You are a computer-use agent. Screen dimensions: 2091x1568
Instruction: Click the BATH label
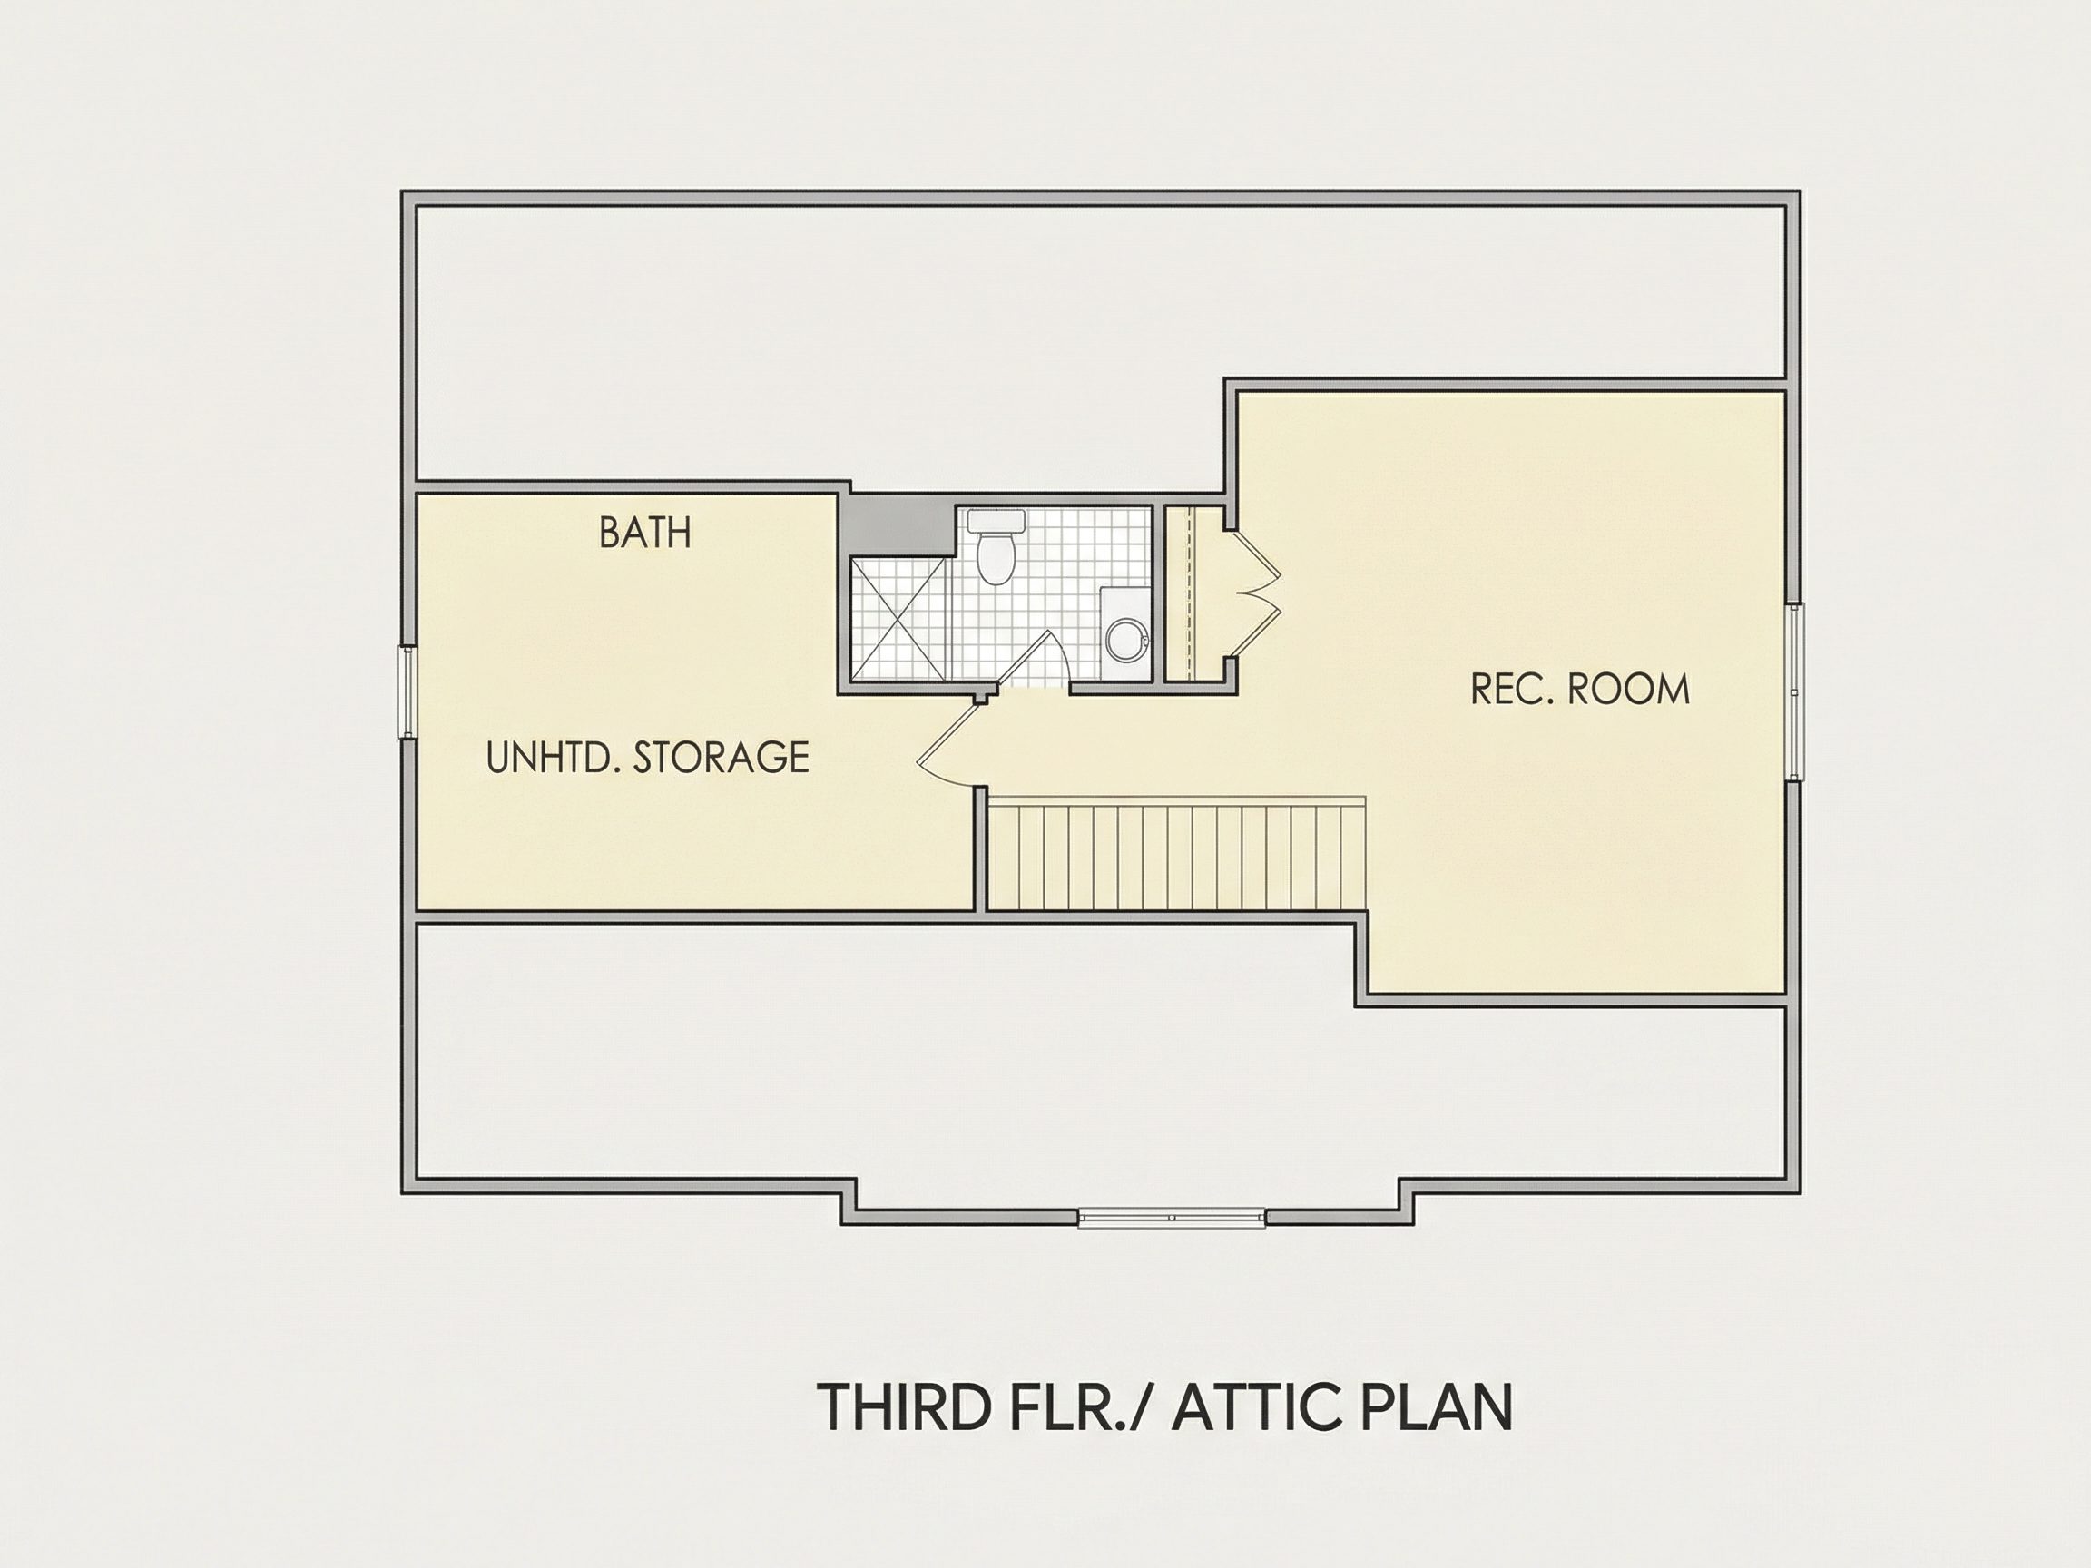click(645, 533)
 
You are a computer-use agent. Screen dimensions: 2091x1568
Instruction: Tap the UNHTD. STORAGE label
click(647, 757)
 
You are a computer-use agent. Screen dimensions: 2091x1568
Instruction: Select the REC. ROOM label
click(1579, 689)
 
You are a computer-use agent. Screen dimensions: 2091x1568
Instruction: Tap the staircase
click(1176, 854)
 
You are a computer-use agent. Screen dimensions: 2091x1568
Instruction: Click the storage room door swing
click(950, 743)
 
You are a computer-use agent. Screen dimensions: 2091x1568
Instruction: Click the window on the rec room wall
click(1794, 691)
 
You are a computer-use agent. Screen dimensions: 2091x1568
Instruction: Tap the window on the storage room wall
click(407, 691)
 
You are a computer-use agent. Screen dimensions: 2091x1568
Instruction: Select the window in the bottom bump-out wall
click(1173, 1218)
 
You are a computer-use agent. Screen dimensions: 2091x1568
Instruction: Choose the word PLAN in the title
click(1434, 1407)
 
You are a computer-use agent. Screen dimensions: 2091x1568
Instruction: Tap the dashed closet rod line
click(1195, 593)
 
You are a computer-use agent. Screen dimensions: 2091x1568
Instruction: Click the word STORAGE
click(722, 757)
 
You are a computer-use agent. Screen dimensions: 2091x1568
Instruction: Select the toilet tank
click(996, 520)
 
